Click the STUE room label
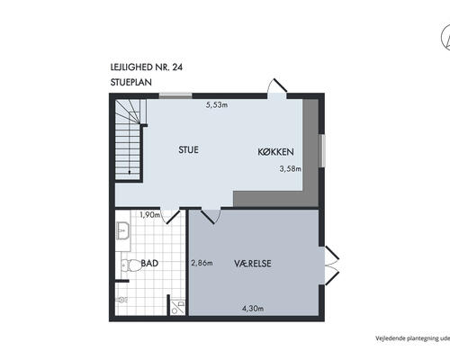[188, 149]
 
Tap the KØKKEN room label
[275, 152]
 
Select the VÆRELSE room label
[253, 264]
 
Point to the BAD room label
[149, 263]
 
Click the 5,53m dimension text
[217, 104]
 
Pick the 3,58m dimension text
[290, 168]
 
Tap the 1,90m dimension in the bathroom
[149, 214]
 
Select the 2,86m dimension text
[202, 263]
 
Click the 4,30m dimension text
[253, 308]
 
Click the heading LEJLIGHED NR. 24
[147, 67]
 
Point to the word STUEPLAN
[131, 82]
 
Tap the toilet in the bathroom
[130, 265]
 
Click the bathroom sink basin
[123, 230]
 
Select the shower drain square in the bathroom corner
[177, 307]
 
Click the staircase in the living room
[130, 139]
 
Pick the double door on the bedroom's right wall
[332, 265]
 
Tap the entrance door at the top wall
[277, 88]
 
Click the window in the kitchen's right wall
[322, 150]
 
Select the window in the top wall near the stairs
[175, 95]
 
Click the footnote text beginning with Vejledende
[413, 338]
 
